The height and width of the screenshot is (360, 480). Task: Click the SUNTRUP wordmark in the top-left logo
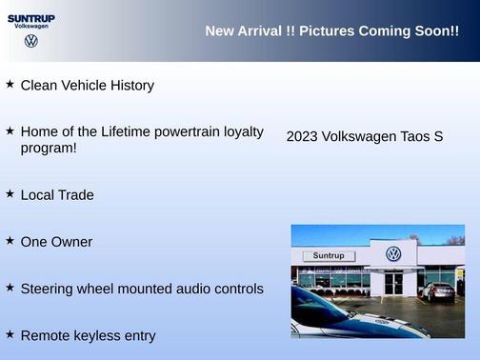[x=31, y=17]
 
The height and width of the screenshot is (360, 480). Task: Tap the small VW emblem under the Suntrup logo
[x=31, y=41]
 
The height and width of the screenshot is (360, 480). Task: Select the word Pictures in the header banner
[x=327, y=31]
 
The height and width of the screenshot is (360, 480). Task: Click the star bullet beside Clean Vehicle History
[x=10, y=84]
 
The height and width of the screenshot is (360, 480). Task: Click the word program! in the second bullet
[x=49, y=148]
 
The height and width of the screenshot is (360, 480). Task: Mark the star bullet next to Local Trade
[x=10, y=193]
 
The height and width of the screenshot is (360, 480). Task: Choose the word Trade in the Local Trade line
[x=76, y=195]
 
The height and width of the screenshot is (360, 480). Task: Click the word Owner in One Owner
[x=71, y=242]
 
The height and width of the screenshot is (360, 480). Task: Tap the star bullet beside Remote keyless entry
[x=10, y=334]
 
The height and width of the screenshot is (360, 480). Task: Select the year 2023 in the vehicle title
[x=302, y=137]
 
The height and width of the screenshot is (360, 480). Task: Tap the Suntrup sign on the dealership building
[x=328, y=256]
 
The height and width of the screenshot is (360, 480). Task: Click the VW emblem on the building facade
[x=393, y=254]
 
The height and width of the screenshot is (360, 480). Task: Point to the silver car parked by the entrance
[x=438, y=292]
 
